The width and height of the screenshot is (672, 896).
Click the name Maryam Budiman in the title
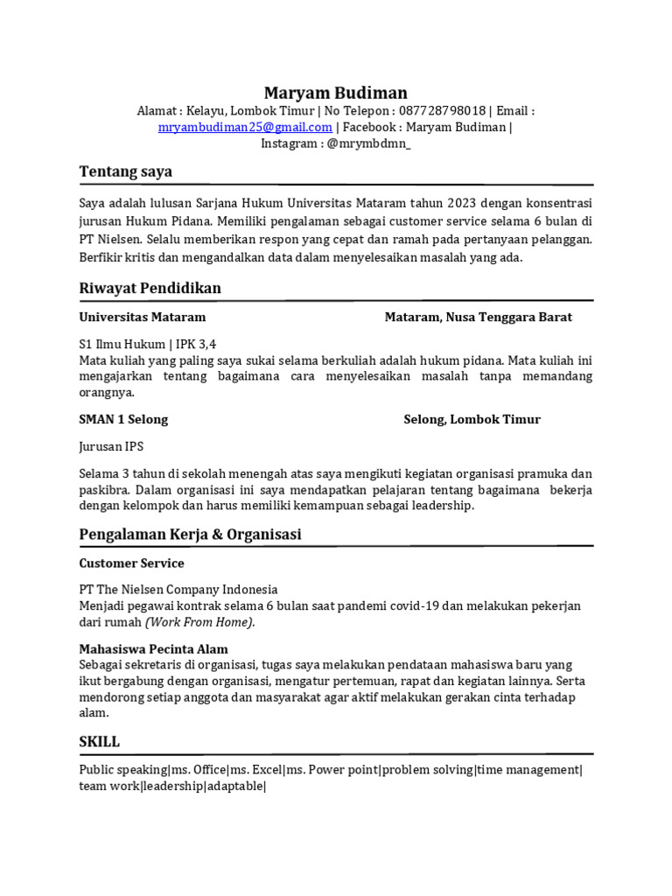pos(336,93)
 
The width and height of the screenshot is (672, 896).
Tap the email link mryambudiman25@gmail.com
pos(245,127)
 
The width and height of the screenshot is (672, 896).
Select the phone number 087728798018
pos(430,111)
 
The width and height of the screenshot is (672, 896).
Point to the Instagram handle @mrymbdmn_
pos(368,143)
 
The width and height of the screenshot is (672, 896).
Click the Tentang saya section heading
pos(125,171)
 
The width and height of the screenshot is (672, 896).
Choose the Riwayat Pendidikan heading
pos(150,288)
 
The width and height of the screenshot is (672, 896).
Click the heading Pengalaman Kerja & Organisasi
pos(190,534)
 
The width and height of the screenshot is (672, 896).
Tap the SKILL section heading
pos(99,741)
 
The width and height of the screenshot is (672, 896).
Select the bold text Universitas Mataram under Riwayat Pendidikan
pos(142,317)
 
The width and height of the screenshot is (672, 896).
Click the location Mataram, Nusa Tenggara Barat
pos(478,317)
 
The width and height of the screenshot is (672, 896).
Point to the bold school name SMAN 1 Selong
pos(123,419)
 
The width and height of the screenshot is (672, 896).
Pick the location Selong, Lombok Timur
pos(472,419)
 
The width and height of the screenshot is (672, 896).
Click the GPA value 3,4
pos(206,344)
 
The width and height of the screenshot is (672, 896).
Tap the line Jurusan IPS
pos(111,446)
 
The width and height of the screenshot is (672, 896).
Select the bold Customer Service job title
pos(131,563)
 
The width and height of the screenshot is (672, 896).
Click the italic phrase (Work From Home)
pos(200,622)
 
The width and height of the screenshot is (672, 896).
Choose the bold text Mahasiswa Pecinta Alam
pos(153,649)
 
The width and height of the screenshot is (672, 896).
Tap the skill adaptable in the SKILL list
pos(234,786)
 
